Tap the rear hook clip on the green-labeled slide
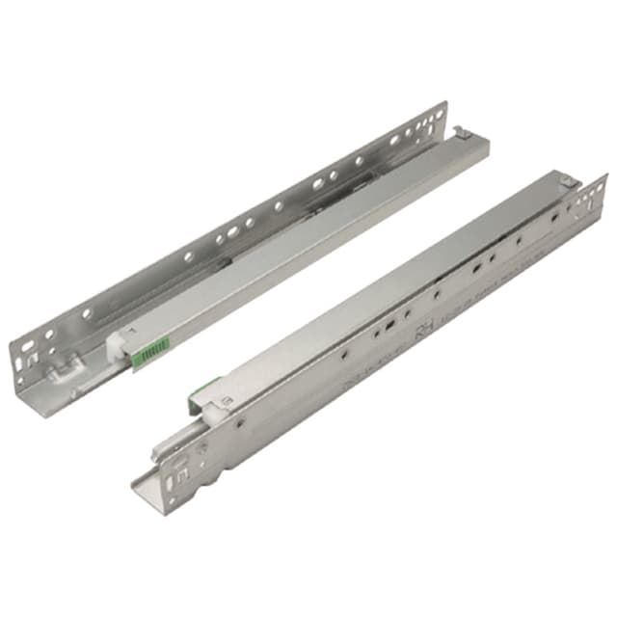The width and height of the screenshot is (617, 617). click(461, 133)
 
